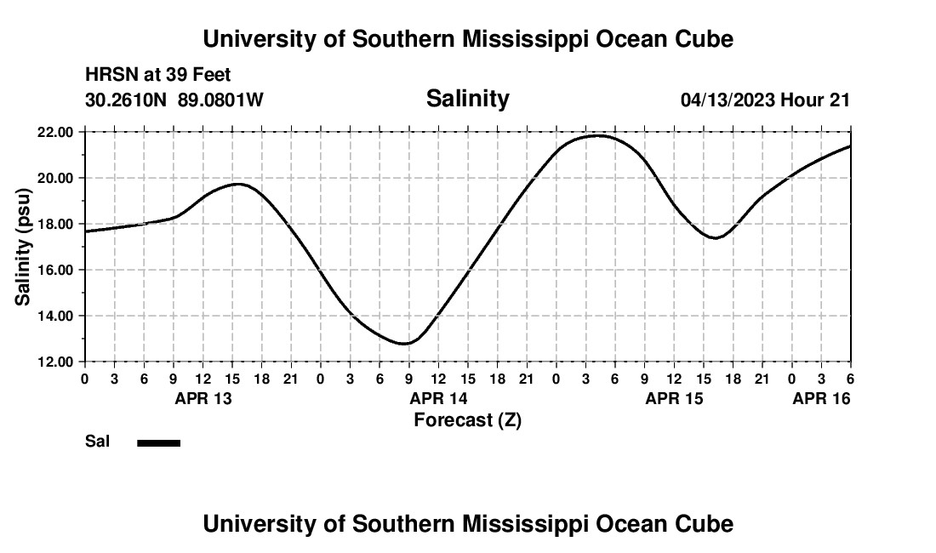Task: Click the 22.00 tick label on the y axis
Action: pos(55,132)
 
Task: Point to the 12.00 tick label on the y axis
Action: pos(55,362)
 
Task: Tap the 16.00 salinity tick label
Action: pos(55,270)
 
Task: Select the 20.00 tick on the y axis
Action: pos(55,178)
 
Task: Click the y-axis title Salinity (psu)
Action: pos(23,247)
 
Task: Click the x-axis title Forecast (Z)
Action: pos(467,419)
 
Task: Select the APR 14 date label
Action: pos(438,398)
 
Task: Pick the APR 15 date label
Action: pos(674,398)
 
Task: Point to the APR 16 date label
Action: pos(821,398)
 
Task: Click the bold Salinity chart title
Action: pos(467,99)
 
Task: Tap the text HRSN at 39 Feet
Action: pos(158,76)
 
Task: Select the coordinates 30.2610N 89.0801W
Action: pos(174,100)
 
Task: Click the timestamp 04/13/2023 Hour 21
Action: pos(765,100)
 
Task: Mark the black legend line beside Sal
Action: pos(158,442)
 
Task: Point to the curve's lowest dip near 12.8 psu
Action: pos(406,344)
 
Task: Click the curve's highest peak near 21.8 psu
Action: pos(597,135)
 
